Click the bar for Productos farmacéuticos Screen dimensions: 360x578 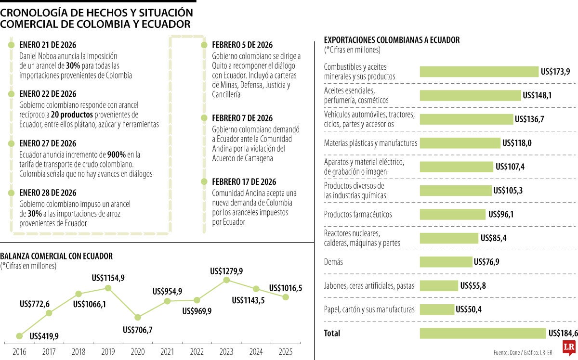tap(453, 214)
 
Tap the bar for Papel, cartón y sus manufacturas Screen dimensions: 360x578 tap(437, 309)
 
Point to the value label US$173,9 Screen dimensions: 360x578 tap(555, 72)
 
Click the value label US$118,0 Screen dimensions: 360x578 tap(517, 143)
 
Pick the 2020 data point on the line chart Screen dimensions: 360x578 tap(138, 317)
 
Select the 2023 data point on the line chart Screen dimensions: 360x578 tap(226, 280)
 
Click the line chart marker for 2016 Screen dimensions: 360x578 tap(20, 336)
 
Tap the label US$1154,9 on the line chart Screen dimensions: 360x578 tap(108, 278)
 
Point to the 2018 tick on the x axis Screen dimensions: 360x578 tap(79, 352)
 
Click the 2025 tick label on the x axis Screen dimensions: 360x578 tap(286, 352)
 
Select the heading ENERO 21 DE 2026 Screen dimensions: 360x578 tap(48, 45)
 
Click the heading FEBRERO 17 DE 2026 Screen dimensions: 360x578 tap(244, 181)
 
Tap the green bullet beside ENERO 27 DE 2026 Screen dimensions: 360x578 tap(11, 143)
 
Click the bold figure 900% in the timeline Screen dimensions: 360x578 tap(117, 154)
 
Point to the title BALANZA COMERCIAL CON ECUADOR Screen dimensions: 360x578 tap(57, 256)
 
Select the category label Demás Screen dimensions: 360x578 tap(334, 262)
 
